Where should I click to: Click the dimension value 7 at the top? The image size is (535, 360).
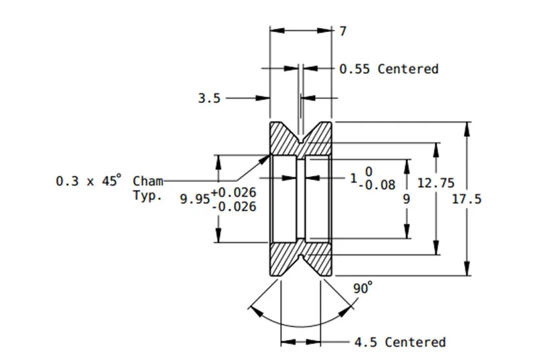[x=343, y=31]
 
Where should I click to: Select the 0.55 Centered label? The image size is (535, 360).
[x=389, y=69]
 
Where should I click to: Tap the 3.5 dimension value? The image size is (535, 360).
[x=209, y=98]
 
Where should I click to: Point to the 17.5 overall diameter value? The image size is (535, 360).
[x=466, y=199]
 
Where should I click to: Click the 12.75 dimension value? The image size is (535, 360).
[x=436, y=183]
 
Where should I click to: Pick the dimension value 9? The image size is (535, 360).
[x=406, y=199]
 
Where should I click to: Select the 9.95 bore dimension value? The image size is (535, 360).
[x=195, y=199]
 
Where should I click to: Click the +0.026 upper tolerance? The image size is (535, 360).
[x=233, y=193]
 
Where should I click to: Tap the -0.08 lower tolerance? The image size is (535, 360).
[x=377, y=185]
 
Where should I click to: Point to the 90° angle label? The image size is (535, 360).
[x=362, y=288]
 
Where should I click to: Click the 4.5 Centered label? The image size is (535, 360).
[x=400, y=342]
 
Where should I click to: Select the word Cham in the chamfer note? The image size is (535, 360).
[x=148, y=181]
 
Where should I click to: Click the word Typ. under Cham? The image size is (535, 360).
[x=147, y=196]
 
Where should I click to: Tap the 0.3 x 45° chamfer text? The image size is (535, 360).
[x=88, y=180]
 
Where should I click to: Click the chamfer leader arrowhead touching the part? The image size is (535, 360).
[x=265, y=160]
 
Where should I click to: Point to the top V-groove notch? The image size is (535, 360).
[x=300, y=140]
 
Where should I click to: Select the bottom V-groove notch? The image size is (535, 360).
[x=300, y=256]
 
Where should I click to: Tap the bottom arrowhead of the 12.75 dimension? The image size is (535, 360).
[x=436, y=248]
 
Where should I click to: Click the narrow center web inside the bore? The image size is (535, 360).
[x=300, y=199]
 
